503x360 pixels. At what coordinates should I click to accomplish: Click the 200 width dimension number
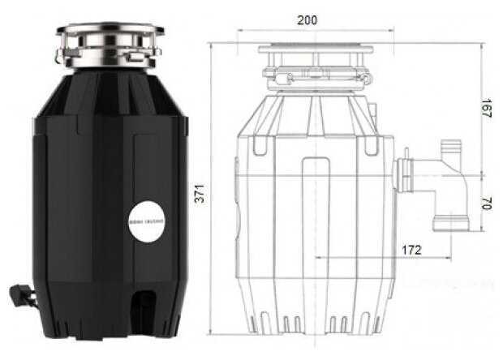307,20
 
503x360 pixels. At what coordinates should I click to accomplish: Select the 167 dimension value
486,109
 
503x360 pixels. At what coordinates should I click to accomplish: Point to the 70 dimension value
486,204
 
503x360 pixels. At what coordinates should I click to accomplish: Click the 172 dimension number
411,251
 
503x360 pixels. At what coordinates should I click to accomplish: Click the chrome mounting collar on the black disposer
110,46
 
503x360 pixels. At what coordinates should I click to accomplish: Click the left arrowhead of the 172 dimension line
315,258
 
